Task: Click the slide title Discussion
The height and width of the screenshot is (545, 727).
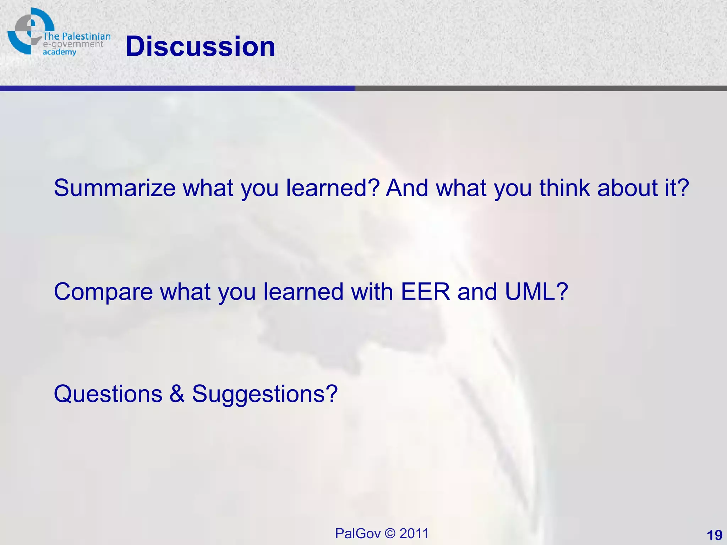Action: point(200,46)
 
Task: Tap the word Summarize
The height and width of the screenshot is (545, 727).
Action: point(114,188)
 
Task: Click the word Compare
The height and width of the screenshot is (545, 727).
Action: point(103,292)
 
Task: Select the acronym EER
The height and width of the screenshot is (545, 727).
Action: point(425,292)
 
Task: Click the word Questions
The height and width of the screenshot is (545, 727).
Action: point(108,394)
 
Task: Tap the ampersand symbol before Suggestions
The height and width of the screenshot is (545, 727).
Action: point(177,394)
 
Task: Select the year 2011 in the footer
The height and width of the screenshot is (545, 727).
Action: point(414,534)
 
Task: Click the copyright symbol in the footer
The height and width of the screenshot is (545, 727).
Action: point(390,534)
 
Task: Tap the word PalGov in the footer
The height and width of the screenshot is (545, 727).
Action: point(358,534)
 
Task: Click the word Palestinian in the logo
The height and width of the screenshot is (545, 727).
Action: point(86,37)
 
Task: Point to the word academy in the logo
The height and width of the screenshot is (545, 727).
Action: point(59,53)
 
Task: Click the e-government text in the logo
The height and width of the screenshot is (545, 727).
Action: point(73,44)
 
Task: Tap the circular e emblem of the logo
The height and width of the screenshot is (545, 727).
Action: point(28,30)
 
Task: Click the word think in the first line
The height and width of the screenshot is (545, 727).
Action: point(564,188)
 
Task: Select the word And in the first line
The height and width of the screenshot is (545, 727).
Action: point(407,188)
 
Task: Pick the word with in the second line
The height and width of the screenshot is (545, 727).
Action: point(372,292)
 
